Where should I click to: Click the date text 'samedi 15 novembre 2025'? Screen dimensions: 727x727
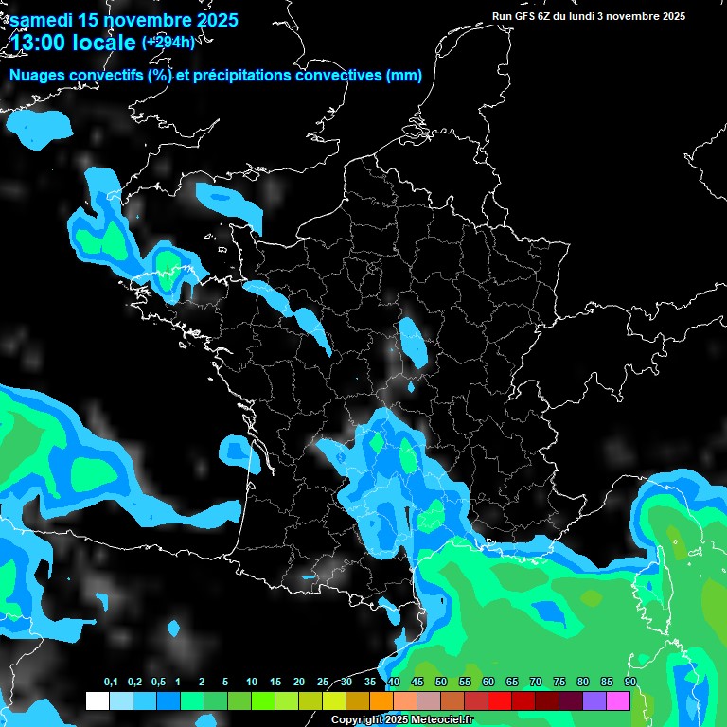click(x=124, y=20)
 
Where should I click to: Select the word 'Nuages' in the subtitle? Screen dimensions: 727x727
click(x=41, y=76)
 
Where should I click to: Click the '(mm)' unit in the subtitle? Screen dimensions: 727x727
click(x=404, y=76)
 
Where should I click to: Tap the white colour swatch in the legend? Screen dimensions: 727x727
click(x=97, y=700)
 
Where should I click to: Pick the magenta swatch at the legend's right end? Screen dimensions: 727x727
click(x=617, y=700)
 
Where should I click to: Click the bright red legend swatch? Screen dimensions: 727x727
click(x=499, y=700)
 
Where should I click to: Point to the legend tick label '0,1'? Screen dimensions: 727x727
click(x=110, y=683)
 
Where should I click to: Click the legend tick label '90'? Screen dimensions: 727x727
click(x=629, y=683)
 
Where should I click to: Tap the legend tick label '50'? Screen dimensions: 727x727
click(x=441, y=683)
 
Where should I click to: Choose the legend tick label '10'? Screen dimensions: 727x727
click(x=252, y=683)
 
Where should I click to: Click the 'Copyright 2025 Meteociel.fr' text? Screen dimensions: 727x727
click(x=402, y=719)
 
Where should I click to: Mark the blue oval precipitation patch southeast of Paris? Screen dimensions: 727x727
click(x=413, y=342)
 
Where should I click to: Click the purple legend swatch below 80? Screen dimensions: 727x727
click(x=594, y=700)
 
